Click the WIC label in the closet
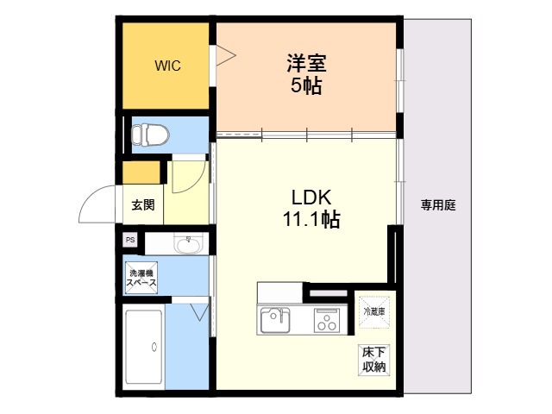167,66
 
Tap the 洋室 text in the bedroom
306,63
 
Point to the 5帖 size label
306,85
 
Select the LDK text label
311,198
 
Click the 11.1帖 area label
311,219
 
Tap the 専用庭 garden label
438,205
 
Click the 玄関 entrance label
143,205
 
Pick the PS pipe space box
130,240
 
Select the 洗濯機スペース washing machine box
141,278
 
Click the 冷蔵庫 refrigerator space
374,312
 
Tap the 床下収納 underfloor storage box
374,360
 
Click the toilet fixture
150,135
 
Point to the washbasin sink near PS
188,244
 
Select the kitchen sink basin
275,320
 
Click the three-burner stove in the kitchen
326,320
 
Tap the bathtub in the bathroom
144,347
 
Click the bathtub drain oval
154,347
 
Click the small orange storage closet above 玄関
141,172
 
